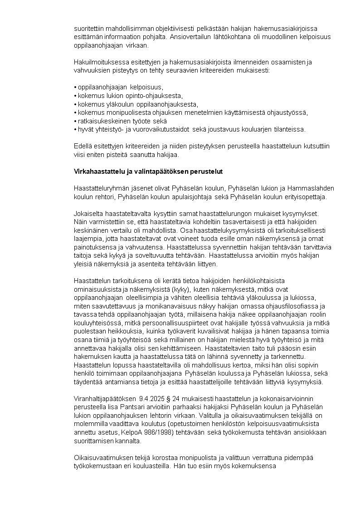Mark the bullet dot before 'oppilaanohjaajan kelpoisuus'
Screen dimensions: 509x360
[x=75, y=87]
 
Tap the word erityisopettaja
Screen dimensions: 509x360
[x=306, y=197]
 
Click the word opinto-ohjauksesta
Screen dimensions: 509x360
[x=155, y=96]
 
